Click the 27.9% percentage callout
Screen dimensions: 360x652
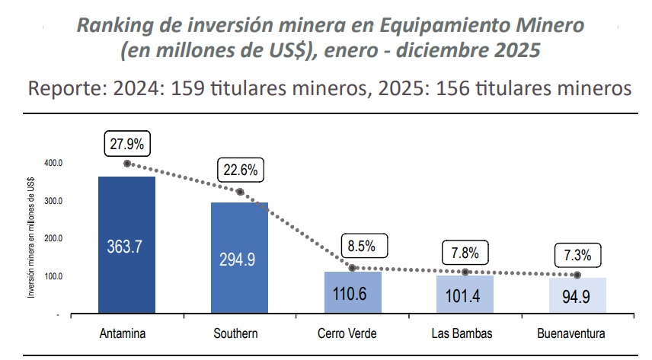click(x=126, y=142)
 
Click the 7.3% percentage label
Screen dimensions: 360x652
click(x=577, y=253)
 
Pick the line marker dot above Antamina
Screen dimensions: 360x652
click(x=126, y=164)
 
